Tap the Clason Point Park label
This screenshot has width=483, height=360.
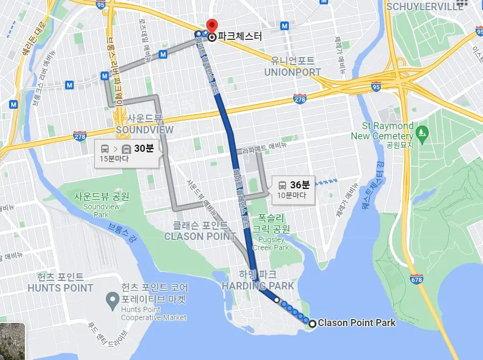357,323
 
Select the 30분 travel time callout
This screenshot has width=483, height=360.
127,154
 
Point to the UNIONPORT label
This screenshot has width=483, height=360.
293,72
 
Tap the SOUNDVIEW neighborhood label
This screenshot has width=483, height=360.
145,130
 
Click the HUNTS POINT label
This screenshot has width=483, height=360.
60,288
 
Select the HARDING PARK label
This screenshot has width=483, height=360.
258,286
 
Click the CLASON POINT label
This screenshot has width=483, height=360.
200,236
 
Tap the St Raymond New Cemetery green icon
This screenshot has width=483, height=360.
422,131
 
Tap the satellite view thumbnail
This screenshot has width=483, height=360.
12,341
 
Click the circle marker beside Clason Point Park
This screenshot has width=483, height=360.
312,323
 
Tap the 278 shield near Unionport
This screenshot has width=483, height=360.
300,98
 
